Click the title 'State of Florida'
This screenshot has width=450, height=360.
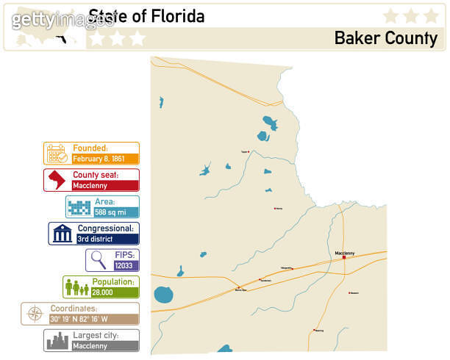[146, 15]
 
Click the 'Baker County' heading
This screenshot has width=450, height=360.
[385, 37]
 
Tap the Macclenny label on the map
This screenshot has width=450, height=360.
[345, 253]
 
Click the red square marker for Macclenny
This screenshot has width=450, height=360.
[343, 257]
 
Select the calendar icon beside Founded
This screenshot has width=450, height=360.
[57, 153]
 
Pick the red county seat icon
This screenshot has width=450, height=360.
[57, 180]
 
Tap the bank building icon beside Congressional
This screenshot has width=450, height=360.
[62, 234]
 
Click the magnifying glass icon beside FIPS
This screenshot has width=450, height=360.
[96, 260]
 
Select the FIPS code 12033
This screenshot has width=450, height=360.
[124, 266]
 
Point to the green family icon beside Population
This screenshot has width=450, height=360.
[76, 287]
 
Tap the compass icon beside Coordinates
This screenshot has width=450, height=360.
[34, 314]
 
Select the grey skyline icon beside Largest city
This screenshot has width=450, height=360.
[57, 340]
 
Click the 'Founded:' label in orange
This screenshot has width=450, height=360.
[90, 148]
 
